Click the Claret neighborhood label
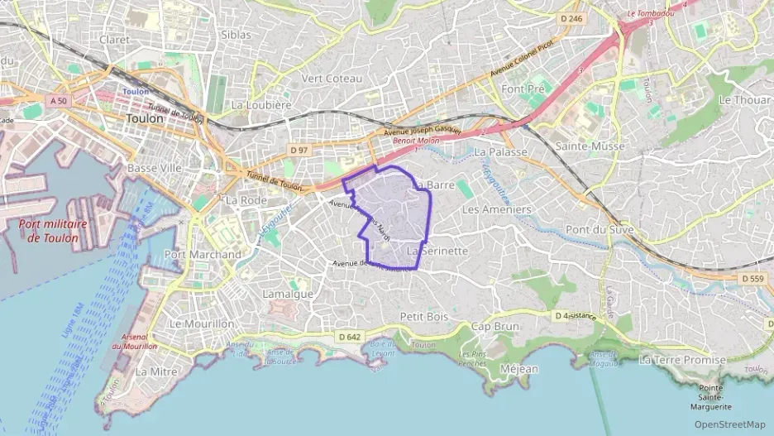pyautogui.click(x=115, y=39)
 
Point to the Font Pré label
pyautogui.click(x=525, y=89)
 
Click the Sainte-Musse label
pyautogui.click(x=590, y=146)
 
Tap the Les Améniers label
pyautogui.click(x=496, y=209)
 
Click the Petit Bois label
pyautogui.click(x=423, y=316)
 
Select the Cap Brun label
pyautogui.click(x=494, y=326)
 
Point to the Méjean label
pyautogui.click(x=519, y=369)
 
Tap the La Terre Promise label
pyautogui.click(x=682, y=360)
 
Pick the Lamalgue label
pyautogui.click(x=287, y=294)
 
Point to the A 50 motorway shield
pyautogui.click(x=57, y=99)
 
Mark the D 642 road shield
pyautogui.click(x=350, y=337)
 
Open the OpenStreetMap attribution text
pyautogui.click(x=729, y=424)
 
